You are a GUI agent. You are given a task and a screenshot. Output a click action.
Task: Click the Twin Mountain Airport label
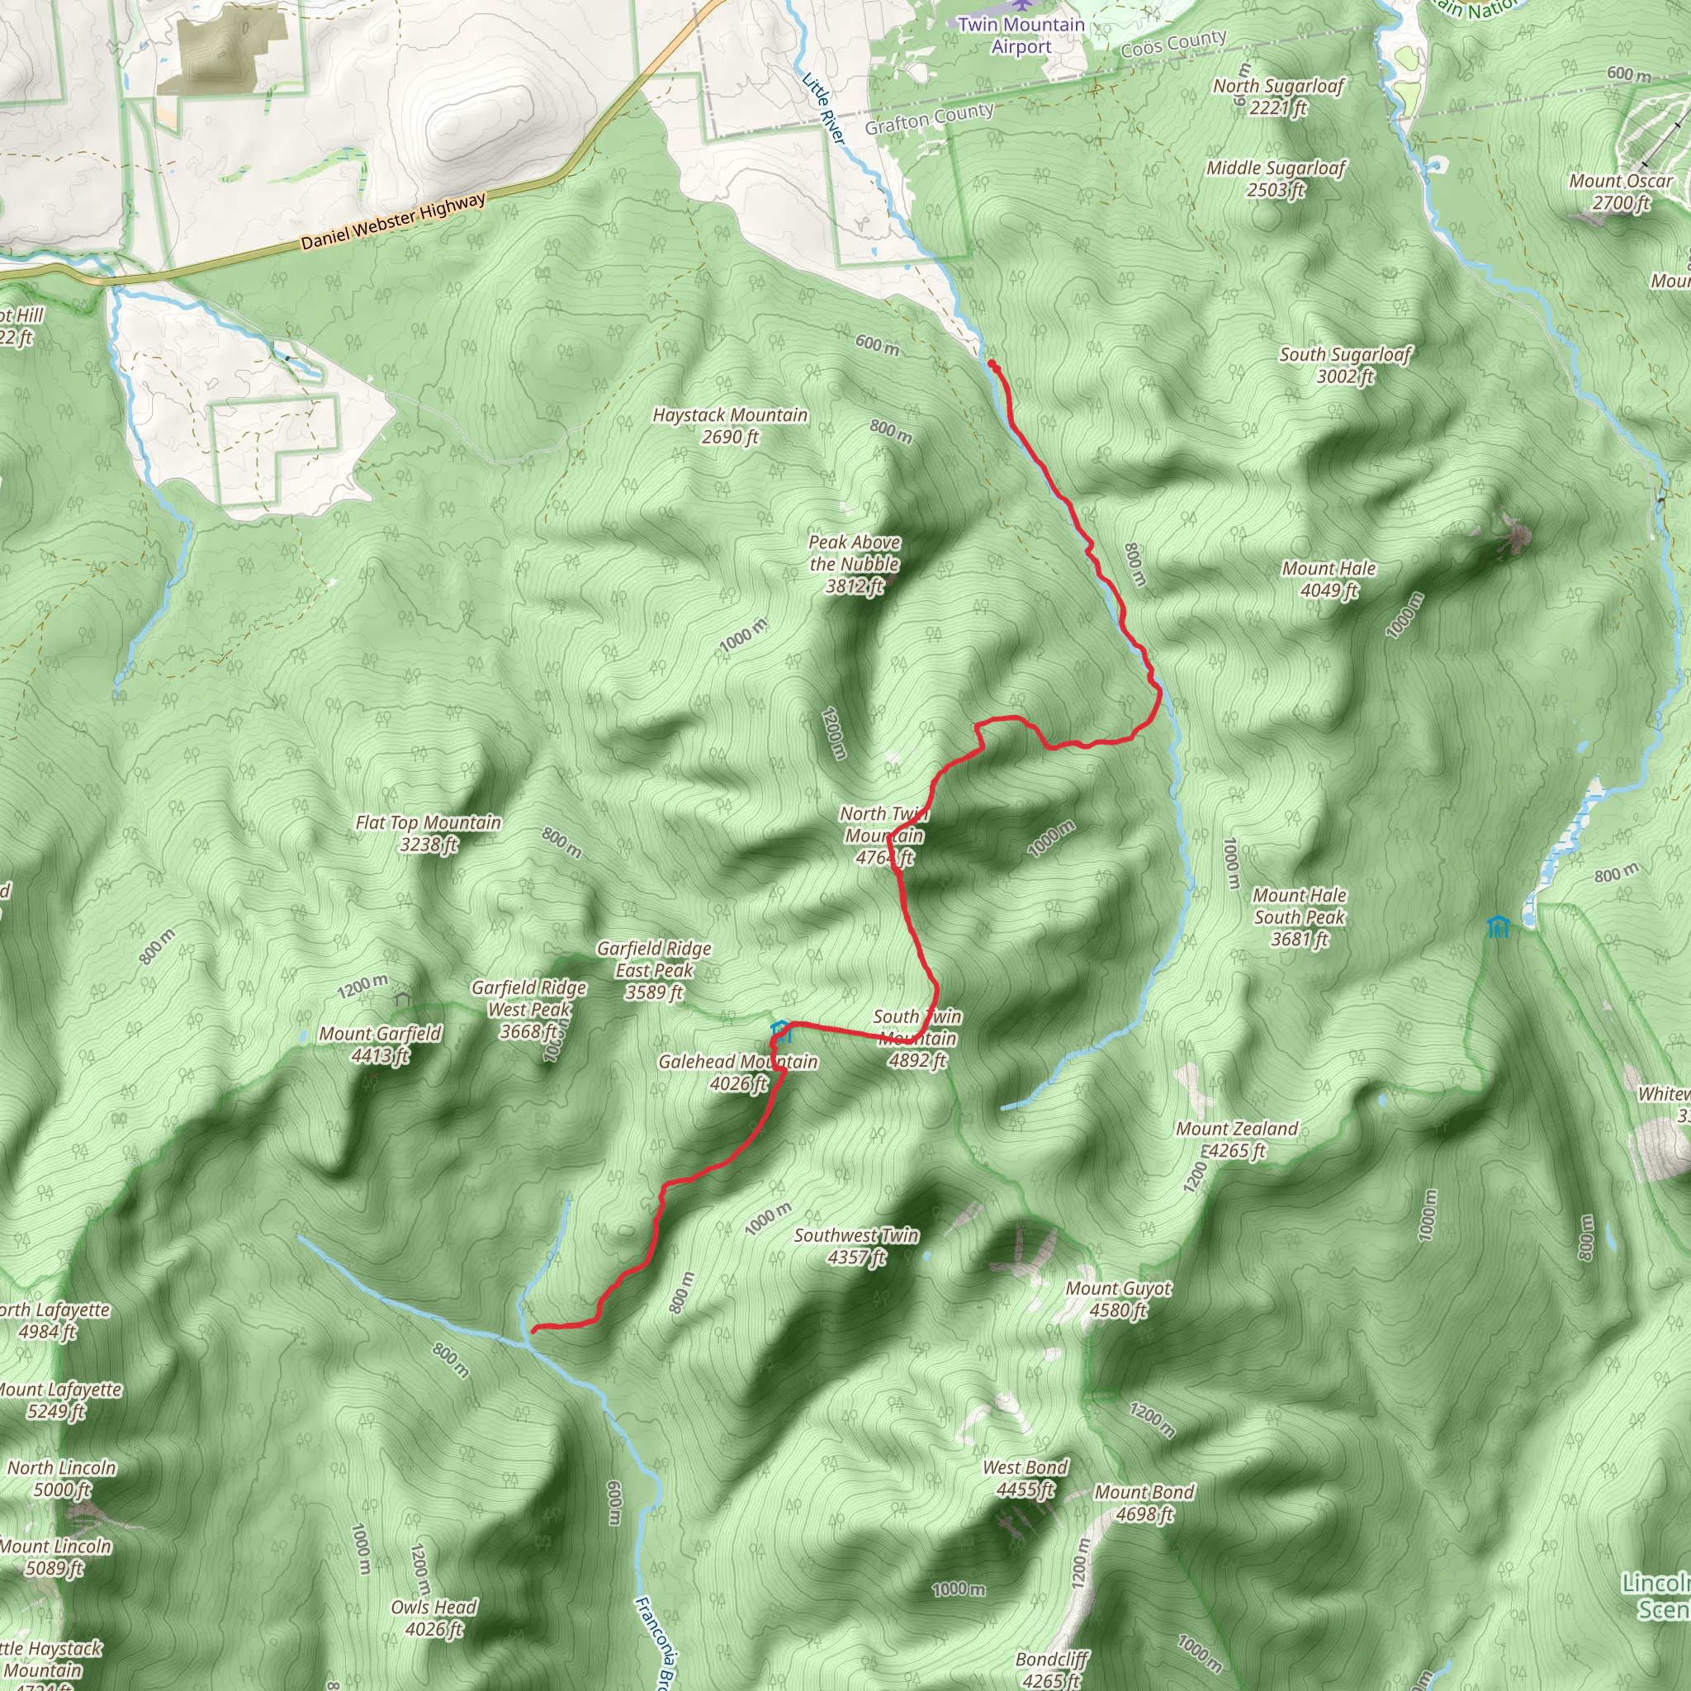coord(1021,35)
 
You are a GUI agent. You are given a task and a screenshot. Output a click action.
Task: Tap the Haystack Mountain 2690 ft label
coord(730,425)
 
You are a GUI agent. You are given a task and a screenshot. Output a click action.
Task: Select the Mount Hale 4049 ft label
coord(1329,579)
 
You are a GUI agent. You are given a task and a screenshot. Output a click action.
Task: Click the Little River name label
coord(822,107)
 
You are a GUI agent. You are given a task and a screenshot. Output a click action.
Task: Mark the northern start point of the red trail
coord(991,362)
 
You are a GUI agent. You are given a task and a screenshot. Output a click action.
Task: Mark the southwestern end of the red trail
coord(534,1330)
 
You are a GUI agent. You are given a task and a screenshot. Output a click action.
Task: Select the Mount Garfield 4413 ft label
coord(380,1044)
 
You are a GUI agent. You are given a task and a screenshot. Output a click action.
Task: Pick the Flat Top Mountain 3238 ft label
coord(428,832)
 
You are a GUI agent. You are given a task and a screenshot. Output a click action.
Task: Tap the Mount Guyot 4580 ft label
coord(1118,1299)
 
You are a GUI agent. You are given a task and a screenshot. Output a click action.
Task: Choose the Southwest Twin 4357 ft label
coord(856,1245)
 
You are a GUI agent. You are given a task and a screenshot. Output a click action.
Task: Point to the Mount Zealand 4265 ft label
coord(1236,1139)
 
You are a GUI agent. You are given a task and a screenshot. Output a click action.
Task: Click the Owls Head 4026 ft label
coord(433,1618)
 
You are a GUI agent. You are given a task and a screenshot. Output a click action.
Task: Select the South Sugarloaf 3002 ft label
coord(1345,365)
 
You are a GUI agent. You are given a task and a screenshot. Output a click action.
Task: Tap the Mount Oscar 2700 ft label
coord(1620,191)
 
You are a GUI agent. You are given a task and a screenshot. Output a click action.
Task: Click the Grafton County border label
coord(929,118)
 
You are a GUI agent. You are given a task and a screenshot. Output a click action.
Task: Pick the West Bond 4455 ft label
coord(1025,1477)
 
